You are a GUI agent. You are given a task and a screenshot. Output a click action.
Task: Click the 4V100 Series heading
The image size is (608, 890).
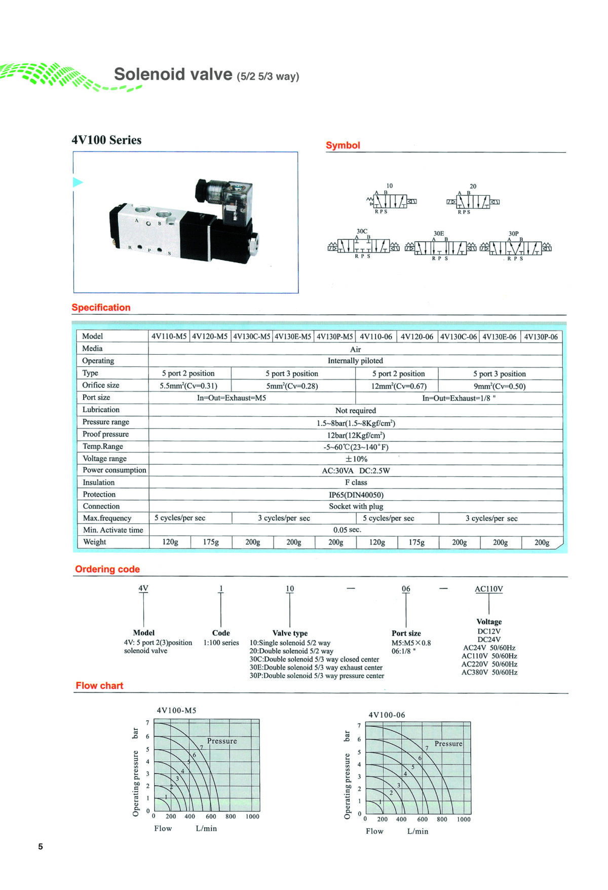point(106,140)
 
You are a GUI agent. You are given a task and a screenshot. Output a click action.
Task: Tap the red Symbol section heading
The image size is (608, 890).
point(343,145)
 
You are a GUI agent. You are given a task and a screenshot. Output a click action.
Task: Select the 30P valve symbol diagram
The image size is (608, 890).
point(516,246)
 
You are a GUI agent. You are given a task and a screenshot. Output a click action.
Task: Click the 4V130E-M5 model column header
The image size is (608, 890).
point(293,337)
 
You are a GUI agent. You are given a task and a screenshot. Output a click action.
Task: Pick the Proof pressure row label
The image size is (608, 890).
point(106,434)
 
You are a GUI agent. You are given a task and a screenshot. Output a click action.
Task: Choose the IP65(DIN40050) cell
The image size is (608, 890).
point(356,495)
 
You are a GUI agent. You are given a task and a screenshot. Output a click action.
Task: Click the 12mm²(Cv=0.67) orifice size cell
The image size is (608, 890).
point(399,386)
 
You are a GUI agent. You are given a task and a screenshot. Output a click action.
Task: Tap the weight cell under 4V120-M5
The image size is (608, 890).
point(211,542)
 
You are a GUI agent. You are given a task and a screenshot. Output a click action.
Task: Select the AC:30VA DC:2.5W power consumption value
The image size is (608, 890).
point(356,470)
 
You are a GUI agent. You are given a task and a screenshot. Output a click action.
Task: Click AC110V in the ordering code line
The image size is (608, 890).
point(489,589)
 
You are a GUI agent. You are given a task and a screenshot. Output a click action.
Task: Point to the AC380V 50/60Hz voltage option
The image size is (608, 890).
point(489,673)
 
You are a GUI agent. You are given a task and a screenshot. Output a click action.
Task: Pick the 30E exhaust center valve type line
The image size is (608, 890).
point(316,667)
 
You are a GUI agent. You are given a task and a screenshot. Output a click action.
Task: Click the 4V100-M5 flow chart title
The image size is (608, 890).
point(176,710)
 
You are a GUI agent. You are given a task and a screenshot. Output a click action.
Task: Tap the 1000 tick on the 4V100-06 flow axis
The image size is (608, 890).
point(464,819)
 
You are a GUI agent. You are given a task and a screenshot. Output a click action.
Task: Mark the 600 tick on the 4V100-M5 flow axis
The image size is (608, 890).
point(211,816)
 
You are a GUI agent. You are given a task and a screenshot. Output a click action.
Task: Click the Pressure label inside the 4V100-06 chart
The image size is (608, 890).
point(448,744)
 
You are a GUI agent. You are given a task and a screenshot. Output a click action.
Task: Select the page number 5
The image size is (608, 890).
point(41,846)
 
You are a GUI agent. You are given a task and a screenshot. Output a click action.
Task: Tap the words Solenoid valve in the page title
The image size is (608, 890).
point(173,74)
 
